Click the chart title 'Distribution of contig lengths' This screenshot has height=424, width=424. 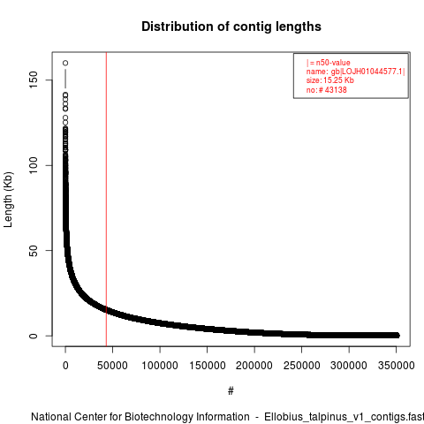[x=231, y=26]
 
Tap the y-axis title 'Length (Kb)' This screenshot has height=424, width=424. [x=8, y=200]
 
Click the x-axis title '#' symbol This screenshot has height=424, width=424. [x=231, y=391]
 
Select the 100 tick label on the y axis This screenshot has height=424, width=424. [x=34, y=165]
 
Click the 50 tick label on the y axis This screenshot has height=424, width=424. [x=34, y=251]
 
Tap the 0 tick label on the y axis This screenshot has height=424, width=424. [x=34, y=336]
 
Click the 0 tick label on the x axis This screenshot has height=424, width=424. [x=65, y=366]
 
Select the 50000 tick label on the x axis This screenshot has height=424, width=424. [x=112, y=366]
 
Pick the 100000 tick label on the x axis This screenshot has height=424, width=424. [x=160, y=366]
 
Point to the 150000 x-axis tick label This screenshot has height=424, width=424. [x=208, y=366]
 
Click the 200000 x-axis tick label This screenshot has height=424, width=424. [x=254, y=366]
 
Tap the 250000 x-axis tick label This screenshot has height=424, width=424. [x=301, y=366]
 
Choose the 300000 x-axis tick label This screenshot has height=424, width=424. [x=349, y=366]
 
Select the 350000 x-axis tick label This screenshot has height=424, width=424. [x=396, y=366]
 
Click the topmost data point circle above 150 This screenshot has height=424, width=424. [x=65, y=63]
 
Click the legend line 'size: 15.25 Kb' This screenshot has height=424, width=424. [x=329, y=80]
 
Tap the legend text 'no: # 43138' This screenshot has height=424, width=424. [x=327, y=89]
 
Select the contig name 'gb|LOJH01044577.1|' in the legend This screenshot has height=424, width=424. [x=368, y=72]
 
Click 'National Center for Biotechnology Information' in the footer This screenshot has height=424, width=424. [x=140, y=417]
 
